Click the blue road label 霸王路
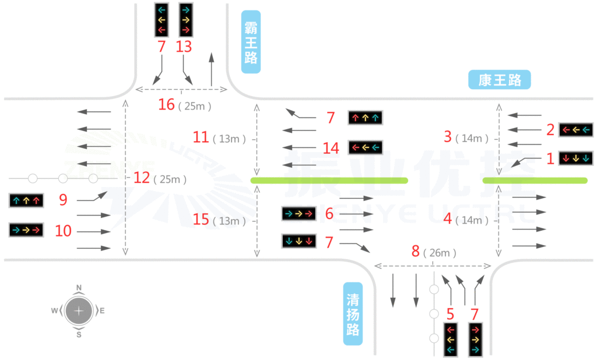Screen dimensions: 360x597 [x=251, y=41]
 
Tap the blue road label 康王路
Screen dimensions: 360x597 [x=500, y=80]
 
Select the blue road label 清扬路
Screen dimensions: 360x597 [x=352, y=314]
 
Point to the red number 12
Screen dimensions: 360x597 [x=142, y=178]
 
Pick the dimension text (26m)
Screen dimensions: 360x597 [x=440, y=252]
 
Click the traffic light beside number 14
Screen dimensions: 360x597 [x=365, y=147]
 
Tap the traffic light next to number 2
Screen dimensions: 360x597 [x=575, y=129]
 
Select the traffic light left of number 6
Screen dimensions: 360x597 [x=298, y=214]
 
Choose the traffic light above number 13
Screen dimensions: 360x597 [x=186, y=20]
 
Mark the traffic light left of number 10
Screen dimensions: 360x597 [x=26, y=230]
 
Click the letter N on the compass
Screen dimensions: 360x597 [x=79, y=287]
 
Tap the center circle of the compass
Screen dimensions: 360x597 [x=79, y=311]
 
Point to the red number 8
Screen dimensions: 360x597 [x=416, y=252]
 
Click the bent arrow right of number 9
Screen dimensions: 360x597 [x=93, y=197]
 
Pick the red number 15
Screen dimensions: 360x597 [x=201, y=221]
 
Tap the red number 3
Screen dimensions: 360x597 [x=448, y=137]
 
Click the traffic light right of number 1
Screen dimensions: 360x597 [x=575, y=158]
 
